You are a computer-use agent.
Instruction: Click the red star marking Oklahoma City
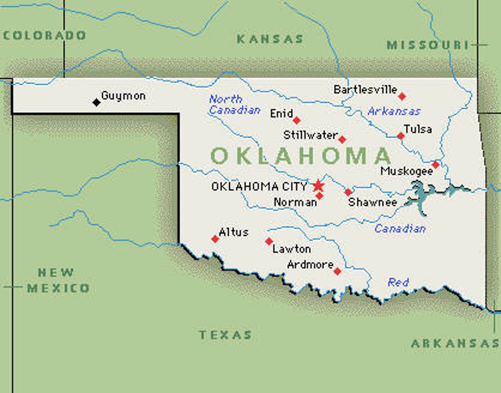(318, 186)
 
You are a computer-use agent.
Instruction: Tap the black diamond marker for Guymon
(96, 102)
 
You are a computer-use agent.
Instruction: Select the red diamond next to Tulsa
(401, 136)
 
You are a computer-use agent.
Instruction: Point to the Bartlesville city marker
(402, 96)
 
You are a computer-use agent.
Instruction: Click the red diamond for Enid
(296, 120)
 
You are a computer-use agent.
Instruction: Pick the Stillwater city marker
(342, 140)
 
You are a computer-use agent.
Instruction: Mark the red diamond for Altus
(215, 239)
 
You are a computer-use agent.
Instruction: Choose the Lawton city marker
(269, 241)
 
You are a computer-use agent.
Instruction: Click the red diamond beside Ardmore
(337, 271)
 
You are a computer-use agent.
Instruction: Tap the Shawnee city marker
(348, 192)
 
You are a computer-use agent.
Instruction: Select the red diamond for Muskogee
(436, 164)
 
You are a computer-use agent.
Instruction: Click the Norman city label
(295, 202)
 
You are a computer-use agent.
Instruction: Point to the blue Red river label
(398, 282)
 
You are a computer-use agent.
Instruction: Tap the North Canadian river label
(234, 105)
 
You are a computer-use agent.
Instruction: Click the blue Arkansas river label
(394, 111)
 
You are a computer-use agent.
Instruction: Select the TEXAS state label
(225, 335)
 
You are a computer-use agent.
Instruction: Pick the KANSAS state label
(270, 39)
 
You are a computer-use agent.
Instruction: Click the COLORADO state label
(44, 36)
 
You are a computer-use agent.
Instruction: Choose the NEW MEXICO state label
(58, 281)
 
